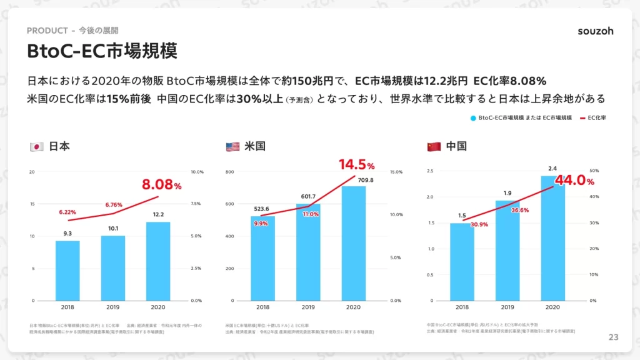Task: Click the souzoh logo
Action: point(595,31)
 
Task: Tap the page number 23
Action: point(613,337)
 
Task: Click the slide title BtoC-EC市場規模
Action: point(102,51)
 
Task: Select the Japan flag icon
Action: point(36,147)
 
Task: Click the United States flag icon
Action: point(232,147)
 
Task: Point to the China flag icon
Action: point(434,147)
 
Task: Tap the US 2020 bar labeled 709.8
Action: point(353,243)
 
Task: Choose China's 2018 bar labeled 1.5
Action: point(462,262)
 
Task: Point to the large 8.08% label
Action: point(161,185)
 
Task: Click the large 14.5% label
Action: point(357,165)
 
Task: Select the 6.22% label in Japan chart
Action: point(67,212)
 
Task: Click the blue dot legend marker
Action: point(474,117)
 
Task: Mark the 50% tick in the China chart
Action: point(594,171)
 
